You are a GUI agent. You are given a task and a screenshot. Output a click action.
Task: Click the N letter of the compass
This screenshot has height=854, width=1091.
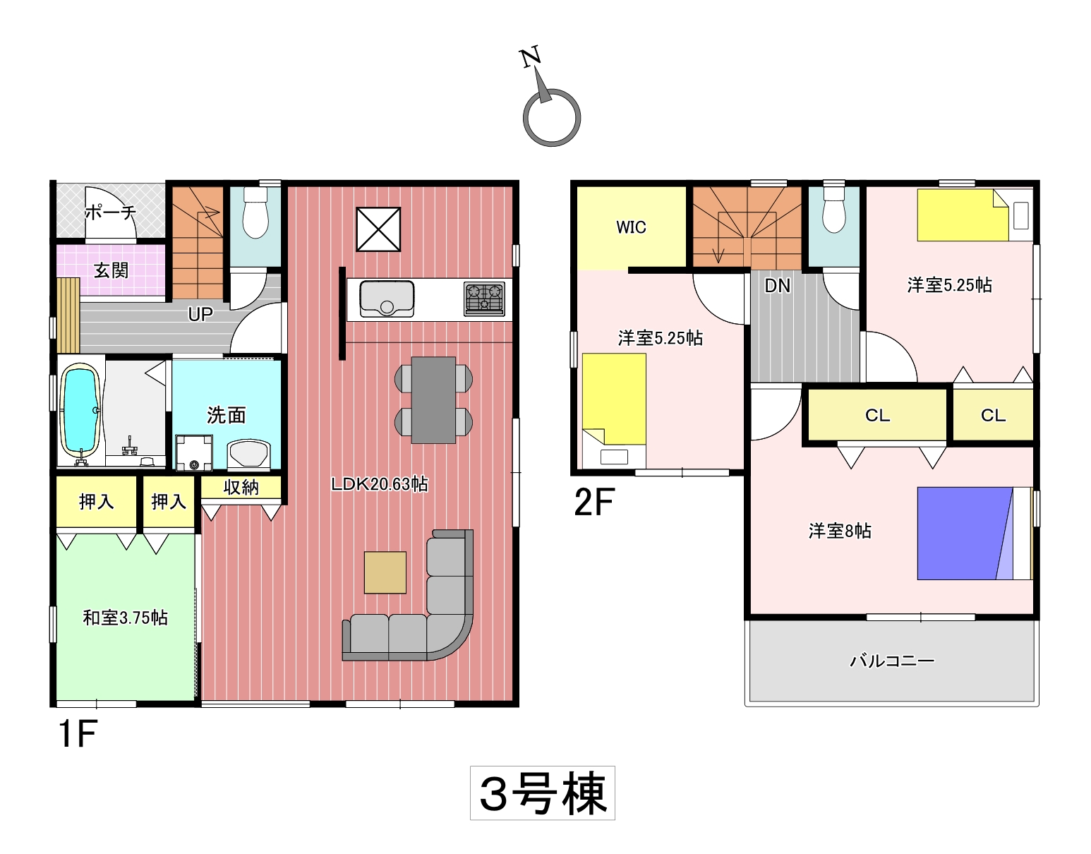pos(530,56)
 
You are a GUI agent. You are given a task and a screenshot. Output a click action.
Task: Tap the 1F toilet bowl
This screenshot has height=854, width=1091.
pos(256,212)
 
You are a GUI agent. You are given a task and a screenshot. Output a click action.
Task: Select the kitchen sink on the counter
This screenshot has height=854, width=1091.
pos(387,299)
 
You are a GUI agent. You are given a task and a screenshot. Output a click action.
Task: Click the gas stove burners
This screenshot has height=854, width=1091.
pos(485,299)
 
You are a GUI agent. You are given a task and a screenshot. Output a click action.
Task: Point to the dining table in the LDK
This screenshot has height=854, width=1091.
pos(433,399)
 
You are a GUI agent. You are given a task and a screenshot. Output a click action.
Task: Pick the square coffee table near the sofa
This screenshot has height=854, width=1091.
pos(385,572)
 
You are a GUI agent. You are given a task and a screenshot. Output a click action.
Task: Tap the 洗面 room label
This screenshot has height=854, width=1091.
pos(227,415)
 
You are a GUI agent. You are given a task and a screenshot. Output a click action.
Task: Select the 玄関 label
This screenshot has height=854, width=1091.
pos(111,270)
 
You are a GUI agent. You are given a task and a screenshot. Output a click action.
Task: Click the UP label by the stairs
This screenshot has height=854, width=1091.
pos(200,314)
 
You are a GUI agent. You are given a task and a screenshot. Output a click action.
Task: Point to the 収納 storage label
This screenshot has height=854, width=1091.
pos(241,487)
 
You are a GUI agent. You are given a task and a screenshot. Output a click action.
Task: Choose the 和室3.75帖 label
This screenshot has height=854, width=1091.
pos(125,618)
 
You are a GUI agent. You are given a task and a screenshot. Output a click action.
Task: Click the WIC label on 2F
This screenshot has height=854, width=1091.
pos(631,227)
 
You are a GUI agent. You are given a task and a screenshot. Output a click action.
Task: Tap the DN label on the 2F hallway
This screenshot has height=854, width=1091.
pos(777,286)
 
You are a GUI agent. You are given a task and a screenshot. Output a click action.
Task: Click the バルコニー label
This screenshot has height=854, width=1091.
pos(892,661)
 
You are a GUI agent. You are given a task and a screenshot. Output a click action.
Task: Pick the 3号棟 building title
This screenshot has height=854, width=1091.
pos(543,793)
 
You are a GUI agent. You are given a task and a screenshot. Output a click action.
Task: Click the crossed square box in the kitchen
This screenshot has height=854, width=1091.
pos(378,229)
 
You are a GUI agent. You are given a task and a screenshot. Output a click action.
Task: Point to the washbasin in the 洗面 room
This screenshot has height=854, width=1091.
pos(249,455)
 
